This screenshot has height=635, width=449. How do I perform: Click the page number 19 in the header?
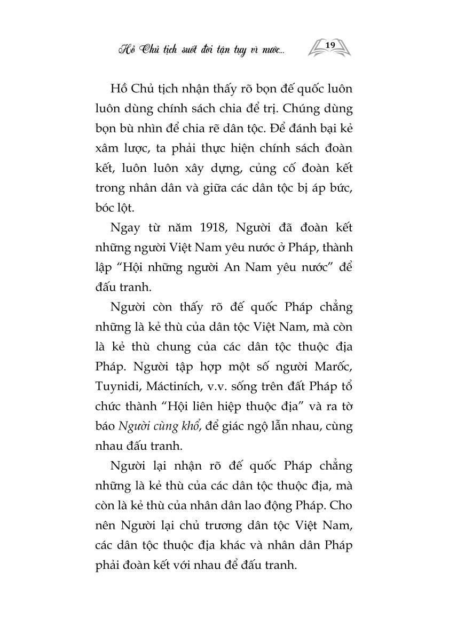(329, 45)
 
